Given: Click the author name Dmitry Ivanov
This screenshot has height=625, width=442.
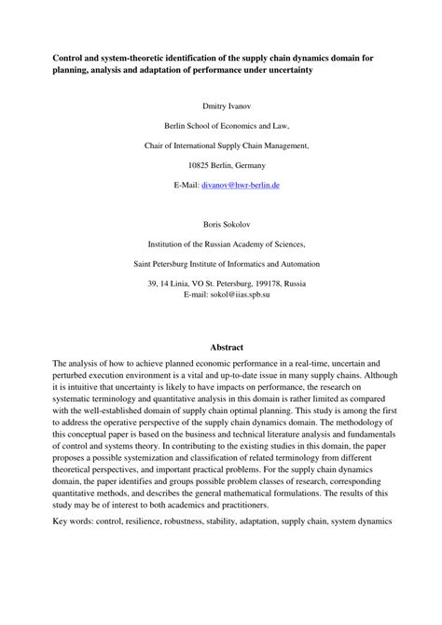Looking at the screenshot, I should (x=221, y=106).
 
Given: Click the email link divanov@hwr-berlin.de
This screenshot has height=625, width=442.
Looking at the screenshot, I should (x=242, y=186).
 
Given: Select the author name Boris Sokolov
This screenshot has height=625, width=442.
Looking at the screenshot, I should (x=221, y=225).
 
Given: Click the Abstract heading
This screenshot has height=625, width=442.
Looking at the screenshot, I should (x=221, y=346).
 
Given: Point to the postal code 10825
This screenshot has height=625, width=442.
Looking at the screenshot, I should (x=200, y=165).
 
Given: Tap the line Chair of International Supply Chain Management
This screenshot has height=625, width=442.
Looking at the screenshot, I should (x=221, y=146).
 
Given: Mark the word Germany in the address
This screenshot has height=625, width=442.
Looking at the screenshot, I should (x=254, y=165).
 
